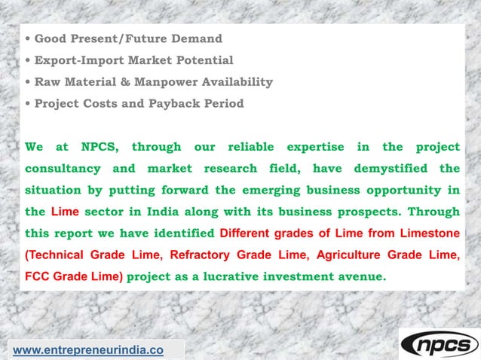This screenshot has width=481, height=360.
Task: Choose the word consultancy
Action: click(60, 168)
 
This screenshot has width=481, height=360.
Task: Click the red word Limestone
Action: click(426, 233)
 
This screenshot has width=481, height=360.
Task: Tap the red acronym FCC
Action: click(38, 276)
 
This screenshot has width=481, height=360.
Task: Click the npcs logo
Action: click(439, 344)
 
